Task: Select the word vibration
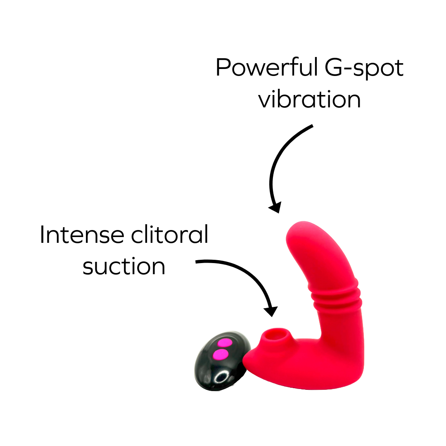309,100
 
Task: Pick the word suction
124,267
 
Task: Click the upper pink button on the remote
225,343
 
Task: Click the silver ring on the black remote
222,377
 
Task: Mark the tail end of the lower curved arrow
197,261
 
